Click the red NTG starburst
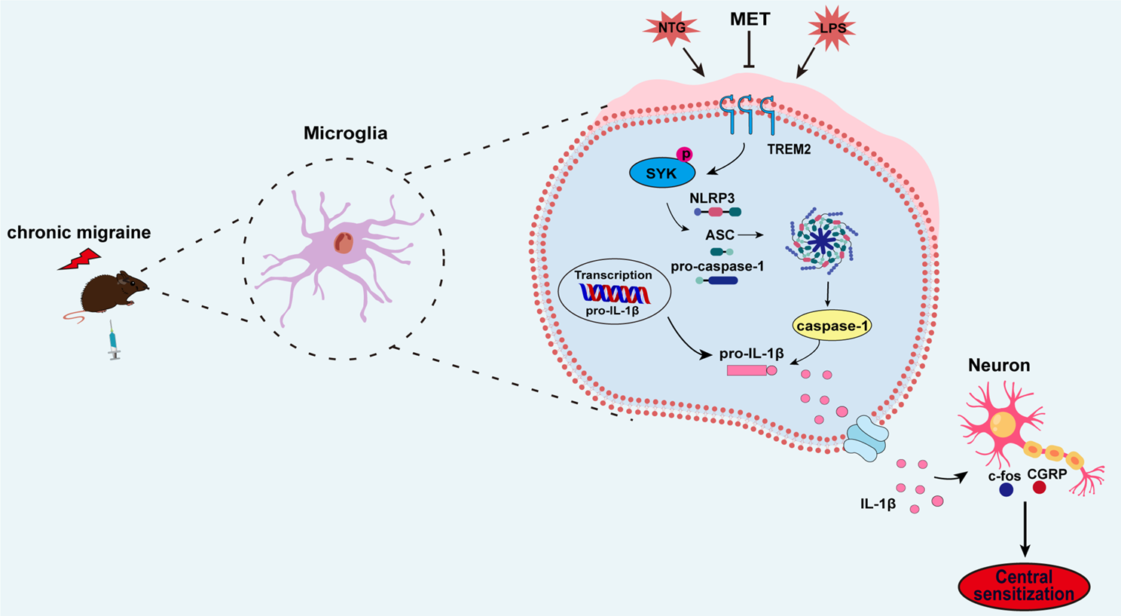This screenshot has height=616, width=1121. click(671, 29)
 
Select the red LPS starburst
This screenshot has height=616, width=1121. click(831, 29)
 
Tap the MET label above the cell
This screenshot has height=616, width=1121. click(750, 20)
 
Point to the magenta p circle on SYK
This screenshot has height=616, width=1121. click(686, 155)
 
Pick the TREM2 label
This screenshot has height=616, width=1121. click(789, 149)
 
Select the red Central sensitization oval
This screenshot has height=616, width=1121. click(1024, 586)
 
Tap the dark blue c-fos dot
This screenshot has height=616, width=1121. click(1006, 490)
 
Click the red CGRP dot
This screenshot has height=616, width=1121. click(1039, 487)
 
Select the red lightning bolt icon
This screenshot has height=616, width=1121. click(79, 259)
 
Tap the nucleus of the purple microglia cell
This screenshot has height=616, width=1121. click(344, 243)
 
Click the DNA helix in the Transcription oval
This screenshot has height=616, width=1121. click(614, 293)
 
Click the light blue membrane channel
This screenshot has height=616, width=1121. click(866, 442)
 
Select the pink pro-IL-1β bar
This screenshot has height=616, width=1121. click(747, 370)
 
